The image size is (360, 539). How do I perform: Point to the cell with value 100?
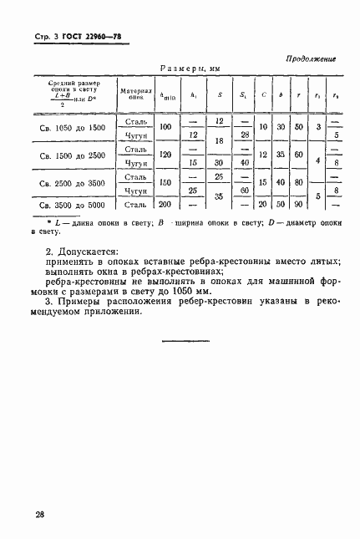point(165,126)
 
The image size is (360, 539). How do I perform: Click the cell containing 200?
point(165,204)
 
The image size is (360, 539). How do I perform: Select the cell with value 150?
point(165,184)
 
